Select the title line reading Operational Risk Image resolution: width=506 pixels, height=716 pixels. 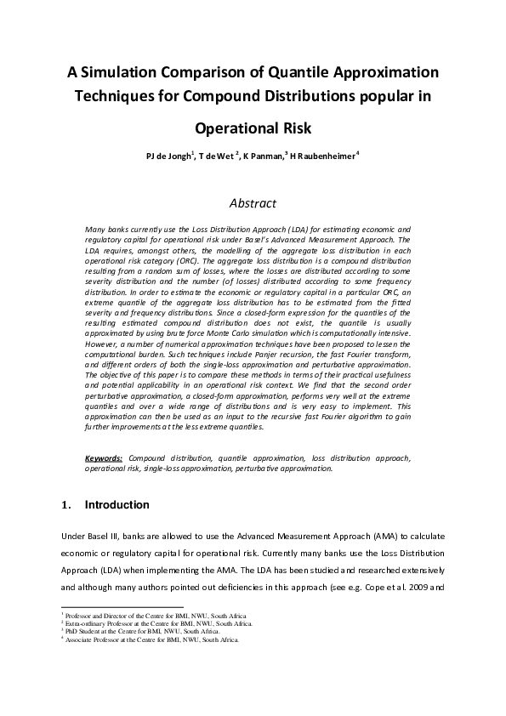(x=253, y=129)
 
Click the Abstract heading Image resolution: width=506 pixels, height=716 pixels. (x=253, y=203)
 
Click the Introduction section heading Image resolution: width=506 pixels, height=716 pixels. (x=117, y=505)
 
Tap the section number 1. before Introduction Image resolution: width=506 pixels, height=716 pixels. (x=68, y=505)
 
